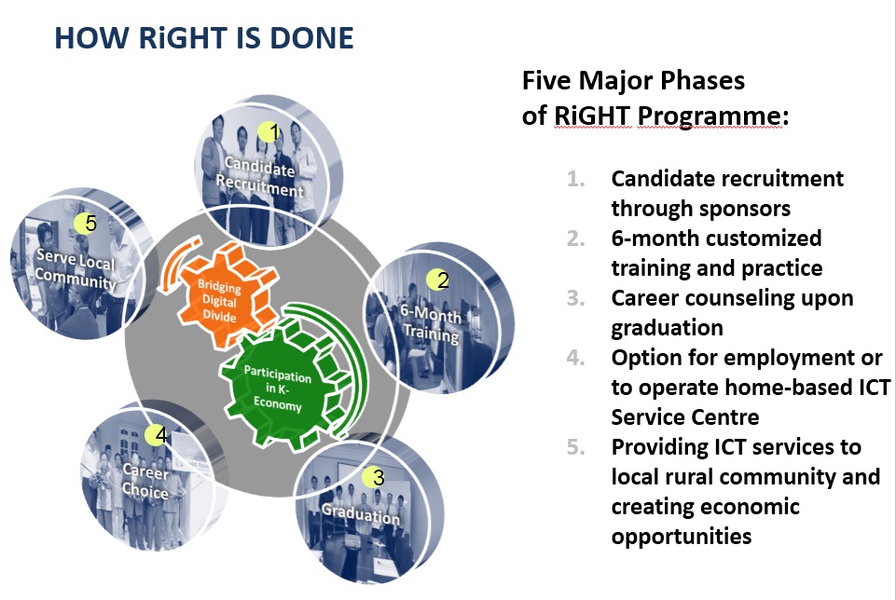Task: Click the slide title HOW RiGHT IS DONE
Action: [x=204, y=37]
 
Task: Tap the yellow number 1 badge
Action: [x=268, y=132]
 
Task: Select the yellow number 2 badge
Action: [x=437, y=280]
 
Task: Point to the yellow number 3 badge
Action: [x=373, y=477]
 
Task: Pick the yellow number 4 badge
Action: [x=156, y=435]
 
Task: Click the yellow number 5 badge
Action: [x=85, y=224]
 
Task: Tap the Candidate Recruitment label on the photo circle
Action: [x=259, y=177]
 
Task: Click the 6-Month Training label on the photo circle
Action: [x=431, y=323]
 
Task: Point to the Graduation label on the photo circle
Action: [x=361, y=513]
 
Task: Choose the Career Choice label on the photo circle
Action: [x=145, y=482]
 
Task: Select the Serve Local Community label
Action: [x=75, y=268]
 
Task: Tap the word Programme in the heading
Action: [x=709, y=116]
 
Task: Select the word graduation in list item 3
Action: [x=667, y=328]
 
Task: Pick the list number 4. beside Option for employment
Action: [x=576, y=358]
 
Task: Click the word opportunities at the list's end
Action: [x=682, y=537]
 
